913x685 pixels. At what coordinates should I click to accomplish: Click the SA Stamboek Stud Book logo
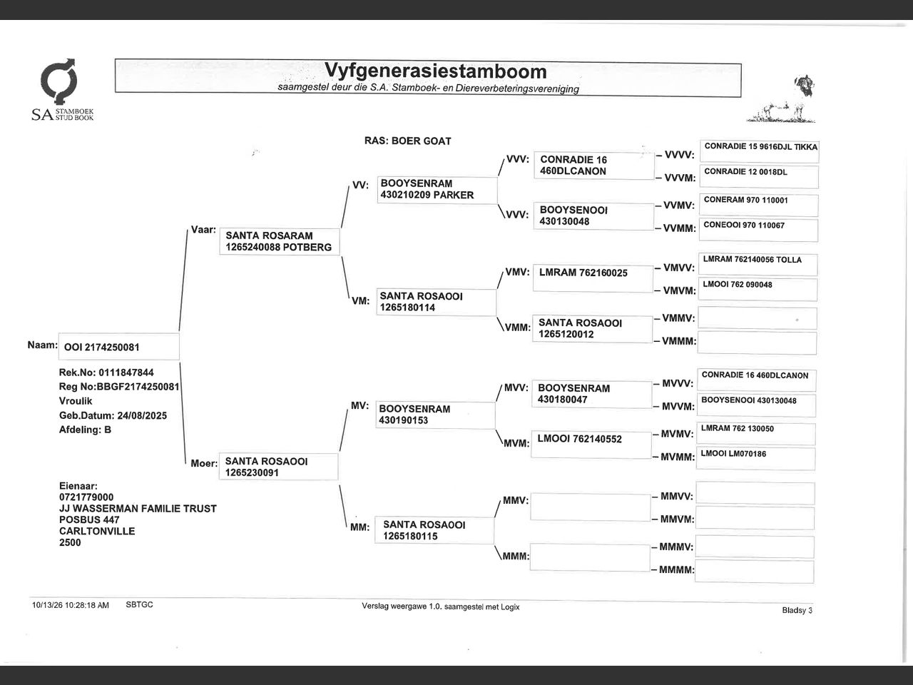point(62,90)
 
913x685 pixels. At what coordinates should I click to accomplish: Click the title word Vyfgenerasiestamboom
point(436,71)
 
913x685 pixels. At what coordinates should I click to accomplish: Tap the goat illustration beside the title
point(781,99)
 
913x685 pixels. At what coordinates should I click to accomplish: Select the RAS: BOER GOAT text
point(407,141)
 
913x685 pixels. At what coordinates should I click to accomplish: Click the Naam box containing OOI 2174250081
point(119,347)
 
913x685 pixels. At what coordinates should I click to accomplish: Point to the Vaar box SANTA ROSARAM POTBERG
point(280,241)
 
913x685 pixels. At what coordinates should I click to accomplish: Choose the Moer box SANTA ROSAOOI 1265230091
point(279,467)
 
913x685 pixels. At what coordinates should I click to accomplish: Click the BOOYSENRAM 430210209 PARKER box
point(437,190)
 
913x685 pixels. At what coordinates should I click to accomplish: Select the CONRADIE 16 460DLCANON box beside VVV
point(594,166)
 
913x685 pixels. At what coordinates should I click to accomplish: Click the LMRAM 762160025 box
point(593,278)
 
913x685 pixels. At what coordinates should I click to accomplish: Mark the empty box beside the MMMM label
point(755,572)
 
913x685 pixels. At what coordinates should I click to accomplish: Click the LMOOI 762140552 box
point(591,445)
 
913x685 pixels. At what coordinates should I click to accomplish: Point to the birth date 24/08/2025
point(142,415)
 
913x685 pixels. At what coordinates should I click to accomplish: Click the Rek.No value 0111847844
point(126,372)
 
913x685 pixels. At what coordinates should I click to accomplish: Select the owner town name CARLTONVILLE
point(97,531)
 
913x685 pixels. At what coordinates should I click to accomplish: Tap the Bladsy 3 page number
point(797,610)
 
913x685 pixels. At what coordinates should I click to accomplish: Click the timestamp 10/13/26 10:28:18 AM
point(71,605)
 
